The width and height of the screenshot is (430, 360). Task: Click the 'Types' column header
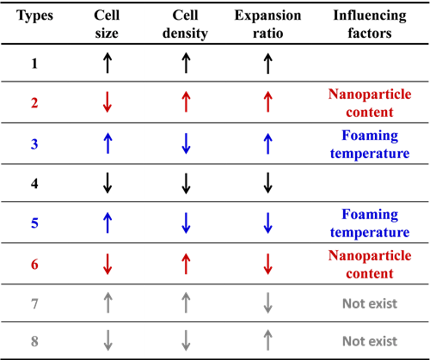[x=34, y=15]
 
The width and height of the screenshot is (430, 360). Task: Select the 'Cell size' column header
[x=107, y=24]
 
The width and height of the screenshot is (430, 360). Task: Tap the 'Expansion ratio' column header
[x=267, y=24]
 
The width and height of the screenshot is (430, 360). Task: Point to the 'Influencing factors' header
[x=370, y=24]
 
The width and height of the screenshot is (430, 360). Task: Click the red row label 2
[x=34, y=102]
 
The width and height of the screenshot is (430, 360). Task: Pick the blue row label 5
[x=34, y=223]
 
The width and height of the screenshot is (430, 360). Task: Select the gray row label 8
[x=34, y=341]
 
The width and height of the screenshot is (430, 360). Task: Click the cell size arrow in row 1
[x=107, y=63]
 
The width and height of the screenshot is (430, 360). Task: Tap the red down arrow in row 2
[x=107, y=102]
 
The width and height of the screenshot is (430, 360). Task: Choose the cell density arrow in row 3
[x=186, y=143]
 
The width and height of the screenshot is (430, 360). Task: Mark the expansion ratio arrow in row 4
[x=267, y=183]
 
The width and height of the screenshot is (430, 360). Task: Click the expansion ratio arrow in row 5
[x=267, y=223]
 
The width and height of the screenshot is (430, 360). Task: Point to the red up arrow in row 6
[x=186, y=264]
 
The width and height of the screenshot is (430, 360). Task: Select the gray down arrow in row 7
[x=267, y=302]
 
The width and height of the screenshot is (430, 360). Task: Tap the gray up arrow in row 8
[x=267, y=340]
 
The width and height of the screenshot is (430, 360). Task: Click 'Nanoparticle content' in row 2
[x=370, y=103]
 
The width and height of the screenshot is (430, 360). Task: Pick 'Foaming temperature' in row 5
[x=370, y=223]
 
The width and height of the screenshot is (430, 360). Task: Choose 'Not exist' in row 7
[x=370, y=303]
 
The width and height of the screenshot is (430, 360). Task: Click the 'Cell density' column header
[x=185, y=24]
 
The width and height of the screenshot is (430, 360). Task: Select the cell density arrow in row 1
[x=186, y=63]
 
